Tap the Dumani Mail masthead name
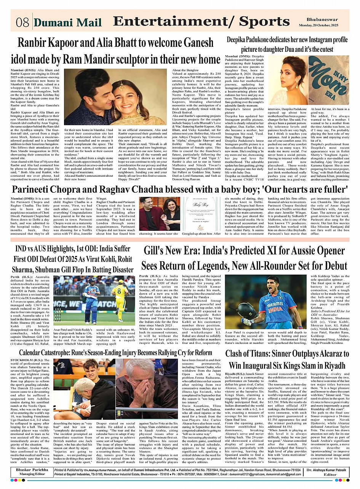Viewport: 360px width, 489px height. click(x=67, y=23)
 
